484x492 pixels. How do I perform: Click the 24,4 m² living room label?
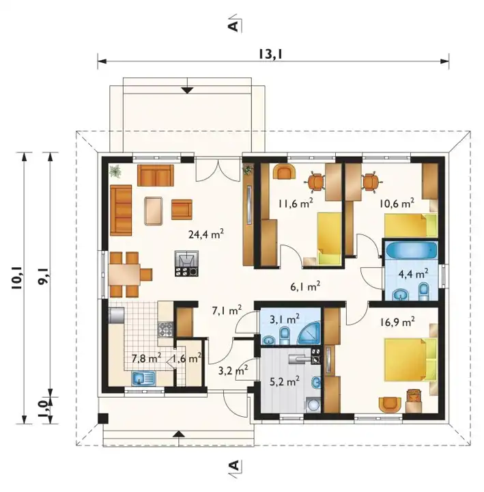click(206, 234)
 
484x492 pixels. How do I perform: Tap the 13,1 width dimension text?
click(271, 54)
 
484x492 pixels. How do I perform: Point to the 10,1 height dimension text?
click(17, 279)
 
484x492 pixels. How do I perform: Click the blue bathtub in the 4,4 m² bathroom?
click(411, 250)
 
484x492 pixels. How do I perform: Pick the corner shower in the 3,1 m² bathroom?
click(309, 333)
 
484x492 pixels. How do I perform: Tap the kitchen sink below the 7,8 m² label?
click(143, 379)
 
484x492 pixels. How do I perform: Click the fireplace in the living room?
click(186, 263)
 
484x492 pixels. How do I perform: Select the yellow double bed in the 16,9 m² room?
click(411, 359)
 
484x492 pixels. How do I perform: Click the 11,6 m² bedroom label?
click(296, 204)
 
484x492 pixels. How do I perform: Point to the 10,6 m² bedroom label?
click(397, 204)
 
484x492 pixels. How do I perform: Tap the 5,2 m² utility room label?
click(285, 381)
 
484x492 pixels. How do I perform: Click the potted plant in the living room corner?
click(115, 172)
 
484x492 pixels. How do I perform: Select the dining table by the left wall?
click(124, 274)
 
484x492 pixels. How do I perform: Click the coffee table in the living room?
click(154, 210)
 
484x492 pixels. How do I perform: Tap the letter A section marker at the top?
click(234, 26)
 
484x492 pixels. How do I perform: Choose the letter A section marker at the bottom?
click(234, 465)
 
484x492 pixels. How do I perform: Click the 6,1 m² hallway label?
click(305, 286)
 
